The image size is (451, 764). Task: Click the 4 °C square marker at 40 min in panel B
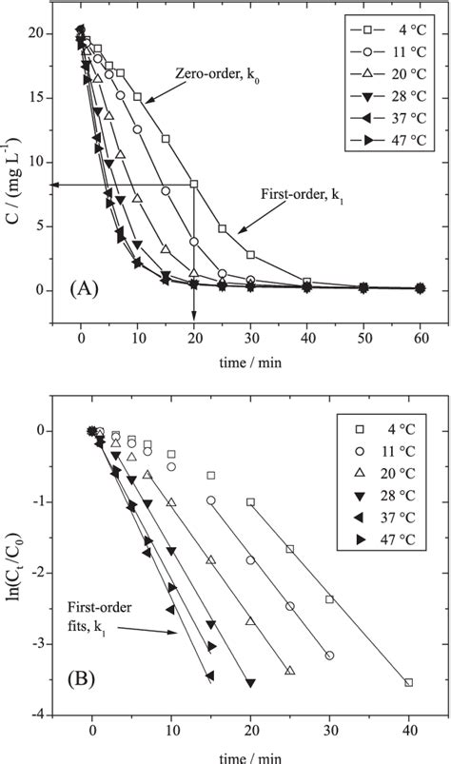(408, 682)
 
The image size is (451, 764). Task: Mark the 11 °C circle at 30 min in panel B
(329, 656)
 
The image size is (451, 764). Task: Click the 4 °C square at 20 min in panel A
(194, 184)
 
